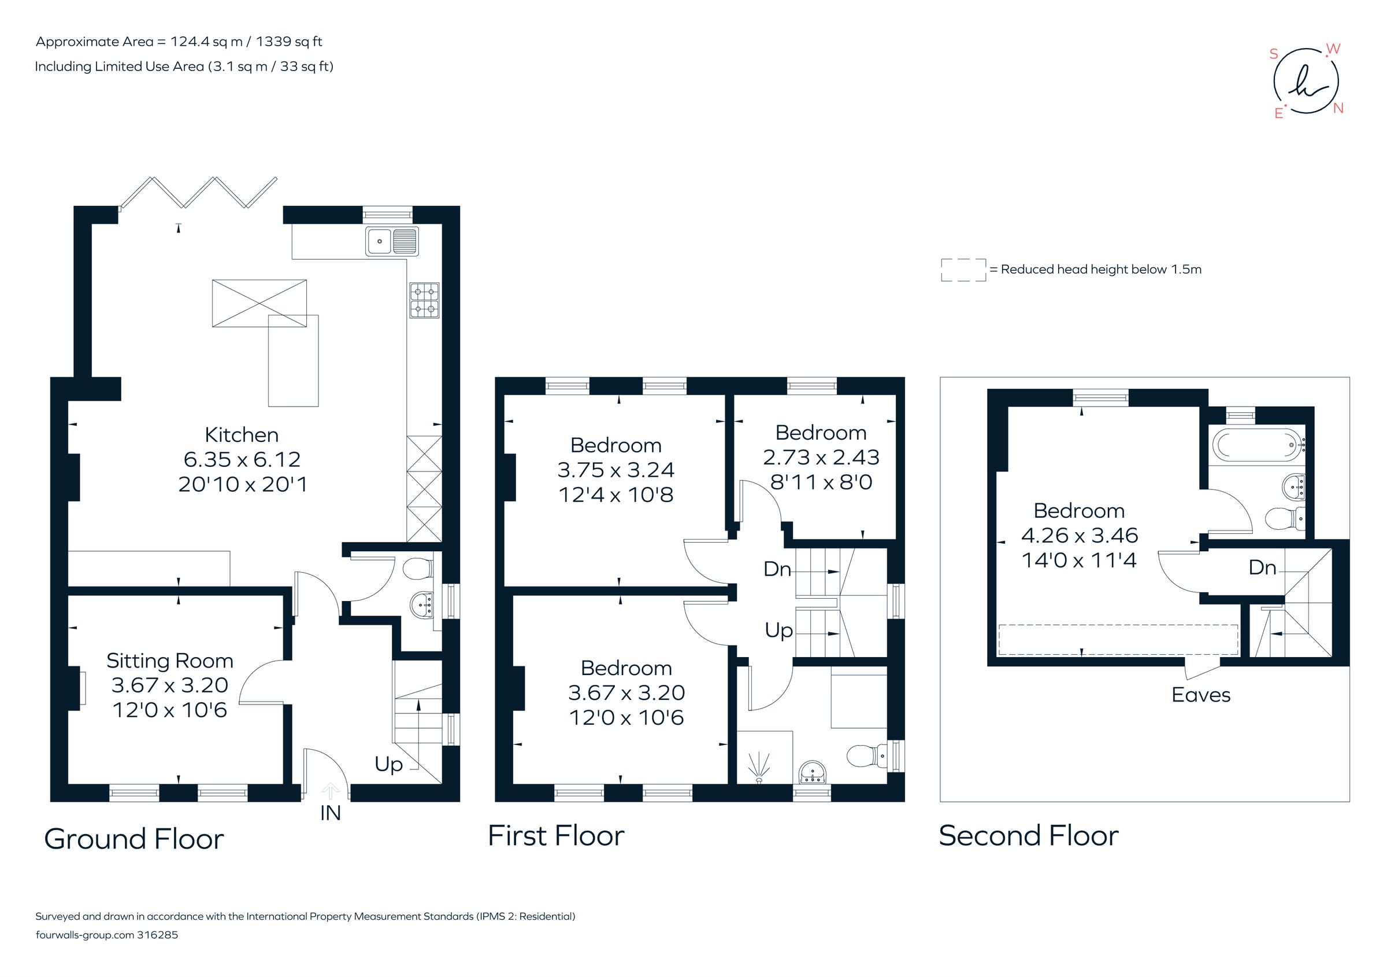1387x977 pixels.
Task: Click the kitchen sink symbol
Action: [x=391, y=241]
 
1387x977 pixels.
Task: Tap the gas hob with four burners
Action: [x=424, y=300]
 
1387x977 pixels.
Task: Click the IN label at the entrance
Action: [x=331, y=813]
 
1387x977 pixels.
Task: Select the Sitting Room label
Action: [x=170, y=660]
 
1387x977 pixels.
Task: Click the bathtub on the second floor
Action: [x=1255, y=446]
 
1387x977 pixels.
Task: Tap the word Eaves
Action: [x=1200, y=695]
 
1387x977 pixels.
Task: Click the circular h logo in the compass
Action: [x=1306, y=82]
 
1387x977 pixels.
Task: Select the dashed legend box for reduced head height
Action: [x=963, y=270]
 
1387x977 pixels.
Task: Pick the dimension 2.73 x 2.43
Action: [x=821, y=457]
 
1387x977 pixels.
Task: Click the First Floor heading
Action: [x=556, y=835]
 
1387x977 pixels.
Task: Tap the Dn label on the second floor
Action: [x=1262, y=567]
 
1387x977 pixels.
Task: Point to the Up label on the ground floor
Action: [x=388, y=764]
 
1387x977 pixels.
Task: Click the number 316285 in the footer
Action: [x=158, y=935]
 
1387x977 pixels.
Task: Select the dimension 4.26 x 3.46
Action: [x=1079, y=535]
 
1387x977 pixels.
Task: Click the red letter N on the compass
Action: [x=1338, y=109]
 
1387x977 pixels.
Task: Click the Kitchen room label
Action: [x=242, y=434]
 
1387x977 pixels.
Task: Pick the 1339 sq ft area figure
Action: [x=289, y=42]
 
